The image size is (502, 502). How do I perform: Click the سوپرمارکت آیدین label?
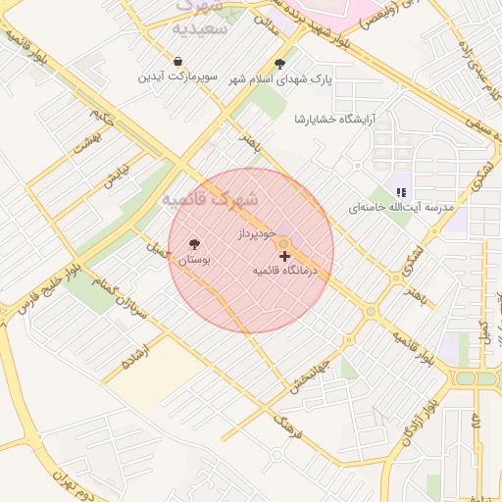(x=176, y=76)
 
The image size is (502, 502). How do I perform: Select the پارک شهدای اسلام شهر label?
(x=281, y=79)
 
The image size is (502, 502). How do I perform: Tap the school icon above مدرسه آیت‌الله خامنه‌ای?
(x=400, y=192)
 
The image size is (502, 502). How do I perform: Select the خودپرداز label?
(x=258, y=235)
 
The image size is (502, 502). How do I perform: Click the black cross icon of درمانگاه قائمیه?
(x=285, y=256)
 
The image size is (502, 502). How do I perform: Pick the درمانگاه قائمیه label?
(x=286, y=269)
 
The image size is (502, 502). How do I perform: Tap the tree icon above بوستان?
(x=193, y=244)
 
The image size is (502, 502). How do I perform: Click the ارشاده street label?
(x=134, y=355)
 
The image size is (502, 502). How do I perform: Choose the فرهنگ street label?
(x=287, y=425)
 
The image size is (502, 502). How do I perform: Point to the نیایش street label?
(x=117, y=174)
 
